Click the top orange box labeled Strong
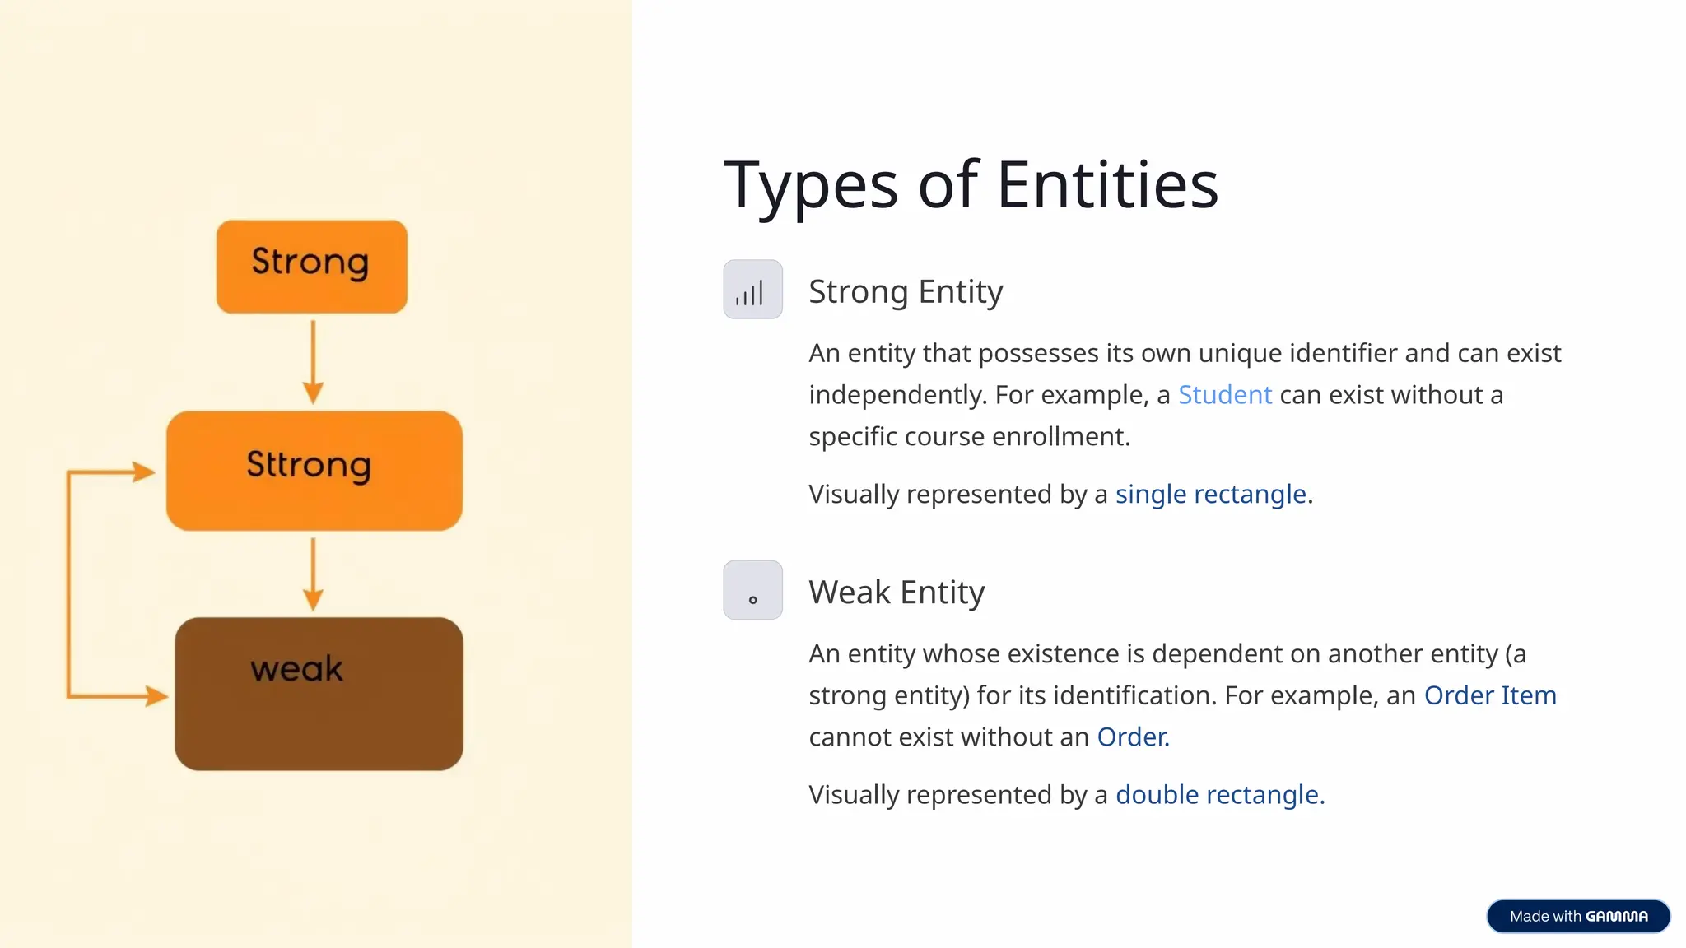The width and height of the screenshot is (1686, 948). tap(311, 266)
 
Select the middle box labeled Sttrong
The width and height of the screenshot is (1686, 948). tap(314, 470)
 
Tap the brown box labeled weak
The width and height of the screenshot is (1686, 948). tap(319, 694)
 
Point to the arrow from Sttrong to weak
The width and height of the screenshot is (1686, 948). tap(313, 574)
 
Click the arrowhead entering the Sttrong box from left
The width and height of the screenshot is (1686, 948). tap(143, 472)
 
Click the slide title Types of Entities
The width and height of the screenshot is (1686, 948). tap(971, 184)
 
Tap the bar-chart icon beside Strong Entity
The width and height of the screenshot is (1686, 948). tap(752, 290)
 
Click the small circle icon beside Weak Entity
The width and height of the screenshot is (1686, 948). tap(752, 590)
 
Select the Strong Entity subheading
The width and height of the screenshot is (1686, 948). tap(906, 291)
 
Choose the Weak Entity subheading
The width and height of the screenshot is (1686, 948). tap(897, 592)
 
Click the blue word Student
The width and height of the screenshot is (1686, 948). tap(1224, 395)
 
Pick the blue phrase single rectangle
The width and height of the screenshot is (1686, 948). tap(1210, 494)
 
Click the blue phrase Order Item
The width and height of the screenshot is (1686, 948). tap(1489, 695)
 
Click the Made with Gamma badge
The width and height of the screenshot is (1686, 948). tap(1578, 916)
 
